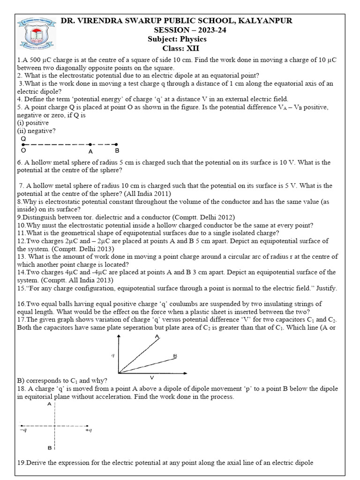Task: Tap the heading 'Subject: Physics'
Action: click(x=177, y=39)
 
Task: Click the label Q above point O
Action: click(x=23, y=139)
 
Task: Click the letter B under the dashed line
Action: click(x=117, y=151)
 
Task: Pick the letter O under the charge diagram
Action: click(x=23, y=151)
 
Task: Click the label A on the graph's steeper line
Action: click(x=157, y=337)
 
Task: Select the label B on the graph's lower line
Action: click(x=175, y=356)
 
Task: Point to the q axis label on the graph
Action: click(x=113, y=355)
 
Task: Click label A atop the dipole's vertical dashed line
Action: click(x=49, y=405)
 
